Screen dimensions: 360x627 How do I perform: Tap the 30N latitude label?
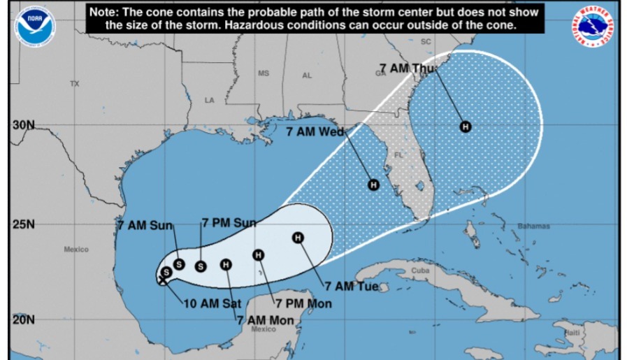[23, 125]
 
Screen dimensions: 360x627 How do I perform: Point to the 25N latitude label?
[23, 224]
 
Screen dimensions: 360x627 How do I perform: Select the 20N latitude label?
[23, 319]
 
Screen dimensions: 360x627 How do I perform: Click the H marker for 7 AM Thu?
[465, 127]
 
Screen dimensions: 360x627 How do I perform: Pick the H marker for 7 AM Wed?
[373, 185]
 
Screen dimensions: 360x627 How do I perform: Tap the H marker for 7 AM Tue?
[298, 238]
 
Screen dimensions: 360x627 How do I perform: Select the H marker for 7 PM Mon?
[258, 254]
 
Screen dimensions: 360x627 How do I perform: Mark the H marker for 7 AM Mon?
[226, 264]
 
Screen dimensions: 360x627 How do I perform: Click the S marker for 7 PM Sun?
[201, 266]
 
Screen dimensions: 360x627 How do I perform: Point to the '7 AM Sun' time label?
[144, 225]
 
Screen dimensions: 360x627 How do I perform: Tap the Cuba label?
[420, 270]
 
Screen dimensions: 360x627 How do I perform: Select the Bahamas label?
[534, 226]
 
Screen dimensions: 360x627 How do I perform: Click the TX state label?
[75, 84]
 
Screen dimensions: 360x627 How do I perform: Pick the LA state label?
[209, 101]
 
